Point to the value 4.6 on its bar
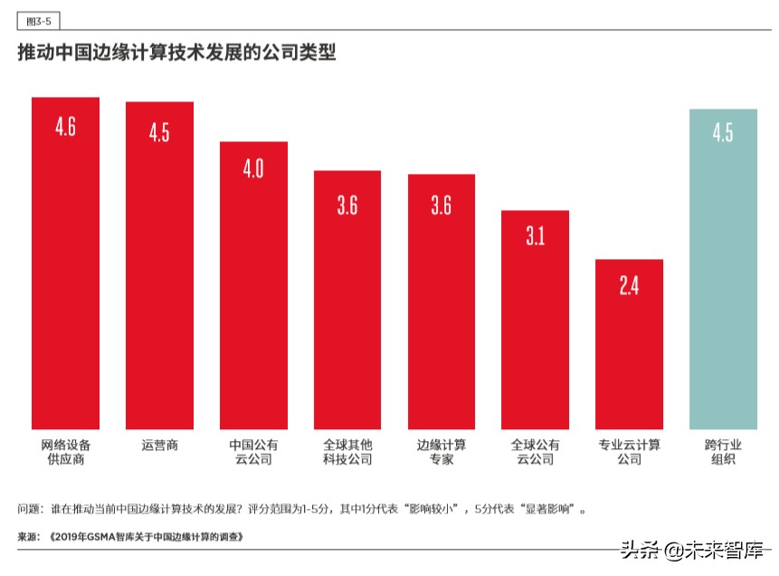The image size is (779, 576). click(x=65, y=127)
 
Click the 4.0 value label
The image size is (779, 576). click(x=253, y=169)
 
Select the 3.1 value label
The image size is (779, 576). click(x=535, y=237)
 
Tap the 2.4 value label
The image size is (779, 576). click(x=629, y=286)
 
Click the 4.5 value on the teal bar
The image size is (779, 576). click(x=723, y=133)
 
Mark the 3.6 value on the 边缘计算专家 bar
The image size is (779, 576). click(x=441, y=205)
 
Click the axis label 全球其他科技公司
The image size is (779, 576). click(x=347, y=452)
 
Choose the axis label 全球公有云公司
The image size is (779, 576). click(x=535, y=452)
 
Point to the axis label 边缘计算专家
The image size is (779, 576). click(x=441, y=452)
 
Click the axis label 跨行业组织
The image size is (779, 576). click(x=723, y=452)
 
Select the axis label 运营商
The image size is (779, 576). click(x=159, y=446)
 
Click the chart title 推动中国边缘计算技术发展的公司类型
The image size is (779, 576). click(x=177, y=53)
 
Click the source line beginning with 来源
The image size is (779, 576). click(x=130, y=536)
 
